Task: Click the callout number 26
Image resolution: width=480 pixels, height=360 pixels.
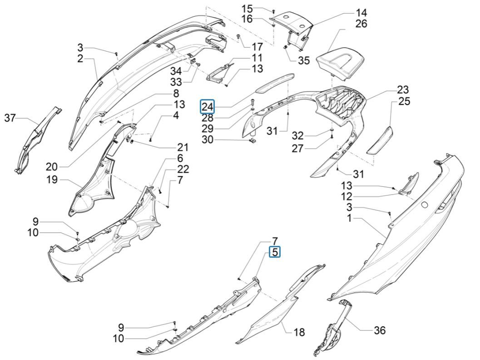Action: point(361,23)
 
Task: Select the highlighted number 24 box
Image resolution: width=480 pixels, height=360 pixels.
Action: point(208,107)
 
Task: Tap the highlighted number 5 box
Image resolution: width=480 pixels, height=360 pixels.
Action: point(274,252)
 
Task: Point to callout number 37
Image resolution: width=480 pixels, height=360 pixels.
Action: point(10,119)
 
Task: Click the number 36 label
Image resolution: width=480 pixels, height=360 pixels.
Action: point(379,330)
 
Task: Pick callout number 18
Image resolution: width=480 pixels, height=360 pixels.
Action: point(299,332)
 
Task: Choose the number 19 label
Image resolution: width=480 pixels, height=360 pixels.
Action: point(52,180)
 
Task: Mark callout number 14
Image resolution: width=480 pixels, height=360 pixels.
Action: point(361,12)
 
